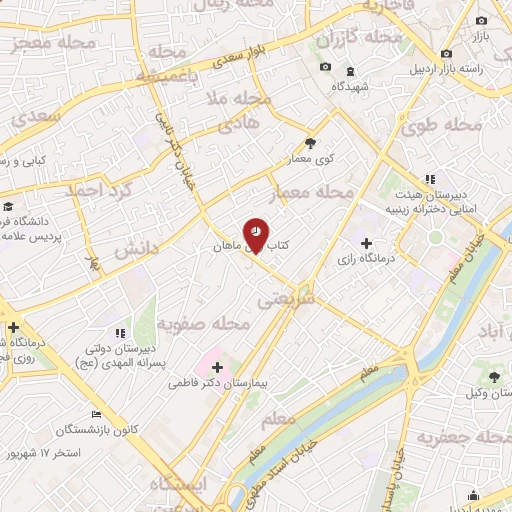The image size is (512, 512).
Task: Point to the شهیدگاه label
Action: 350,87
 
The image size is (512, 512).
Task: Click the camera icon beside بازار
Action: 481,21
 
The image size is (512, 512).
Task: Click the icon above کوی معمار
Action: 310,142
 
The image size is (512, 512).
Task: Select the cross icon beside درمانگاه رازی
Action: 366,243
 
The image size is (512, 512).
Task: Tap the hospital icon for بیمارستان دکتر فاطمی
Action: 217,367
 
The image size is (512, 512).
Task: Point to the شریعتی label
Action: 286,298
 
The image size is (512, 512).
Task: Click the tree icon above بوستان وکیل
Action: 496,377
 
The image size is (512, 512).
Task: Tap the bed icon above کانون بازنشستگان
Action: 96,415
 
